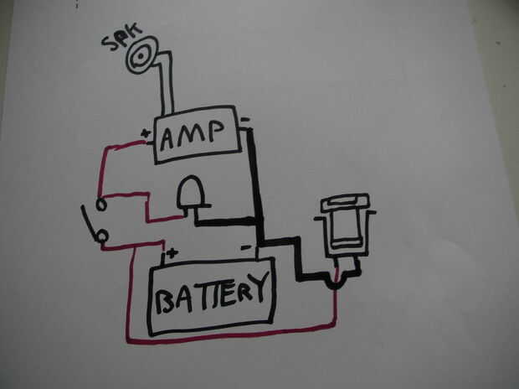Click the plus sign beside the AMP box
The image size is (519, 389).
click(x=147, y=132)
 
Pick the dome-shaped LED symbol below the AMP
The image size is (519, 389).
click(x=191, y=195)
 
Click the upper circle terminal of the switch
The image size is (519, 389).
click(x=100, y=205)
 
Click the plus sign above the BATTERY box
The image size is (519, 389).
click(x=172, y=252)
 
